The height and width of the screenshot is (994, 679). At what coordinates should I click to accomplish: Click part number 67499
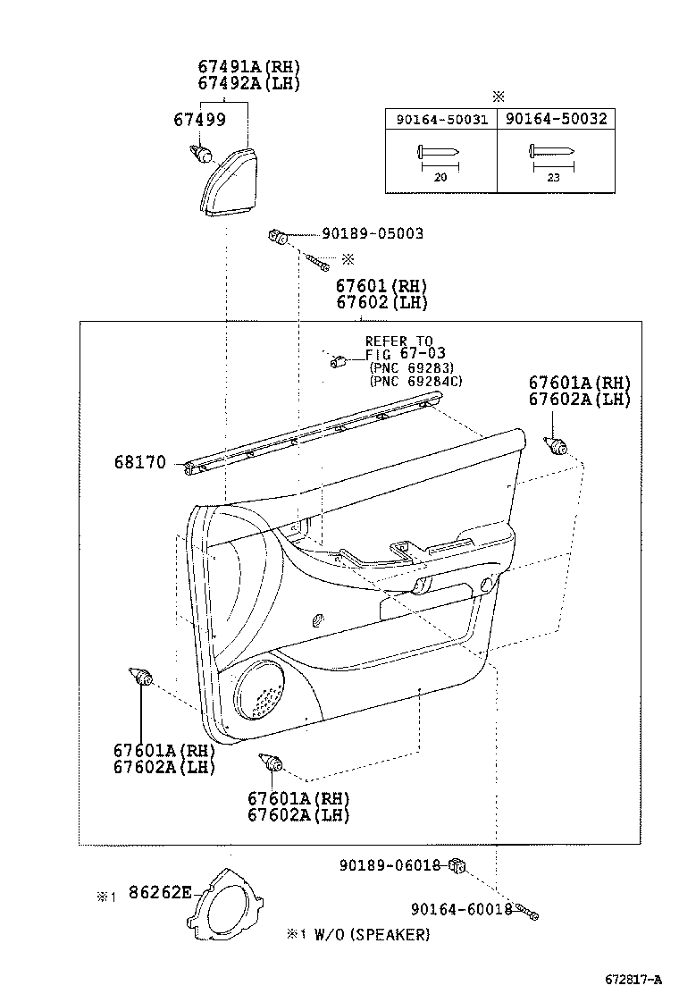tap(199, 119)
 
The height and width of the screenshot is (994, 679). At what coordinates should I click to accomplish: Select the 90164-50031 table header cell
tap(441, 119)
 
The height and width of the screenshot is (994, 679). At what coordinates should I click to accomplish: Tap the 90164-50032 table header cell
tap(556, 119)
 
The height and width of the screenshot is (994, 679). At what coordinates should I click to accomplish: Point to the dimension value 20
tap(440, 178)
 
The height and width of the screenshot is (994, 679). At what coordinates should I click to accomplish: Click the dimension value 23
tap(554, 178)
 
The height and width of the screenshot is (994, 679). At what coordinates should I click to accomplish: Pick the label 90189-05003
tap(373, 233)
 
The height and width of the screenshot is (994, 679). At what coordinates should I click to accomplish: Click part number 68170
tap(140, 462)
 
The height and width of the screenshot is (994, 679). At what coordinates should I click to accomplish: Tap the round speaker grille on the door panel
tap(259, 690)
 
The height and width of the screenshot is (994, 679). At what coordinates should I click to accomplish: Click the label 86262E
tap(160, 893)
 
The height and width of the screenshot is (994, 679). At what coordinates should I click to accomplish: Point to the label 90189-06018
tap(390, 865)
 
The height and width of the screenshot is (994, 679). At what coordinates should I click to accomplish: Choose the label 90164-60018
tap(461, 910)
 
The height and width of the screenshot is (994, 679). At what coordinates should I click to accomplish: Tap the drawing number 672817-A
tap(633, 980)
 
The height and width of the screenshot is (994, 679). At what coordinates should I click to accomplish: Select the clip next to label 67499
tap(201, 153)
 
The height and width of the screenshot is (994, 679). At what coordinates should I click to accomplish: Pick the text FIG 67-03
tap(406, 354)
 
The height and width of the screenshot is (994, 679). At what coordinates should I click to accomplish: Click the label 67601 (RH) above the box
tap(381, 286)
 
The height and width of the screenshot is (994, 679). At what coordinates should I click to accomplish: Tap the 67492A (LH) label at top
tap(249, 83)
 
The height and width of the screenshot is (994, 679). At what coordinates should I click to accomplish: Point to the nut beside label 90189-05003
tap(278, 237)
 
